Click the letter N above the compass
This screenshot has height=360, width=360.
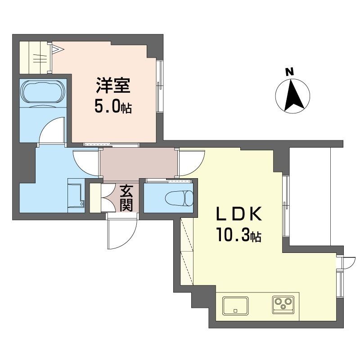290,72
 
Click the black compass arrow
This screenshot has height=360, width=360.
292,95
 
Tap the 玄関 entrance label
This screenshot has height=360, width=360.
126,198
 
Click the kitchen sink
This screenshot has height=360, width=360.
235,306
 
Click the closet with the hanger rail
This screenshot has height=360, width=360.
36,56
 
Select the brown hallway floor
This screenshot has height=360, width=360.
137,163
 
